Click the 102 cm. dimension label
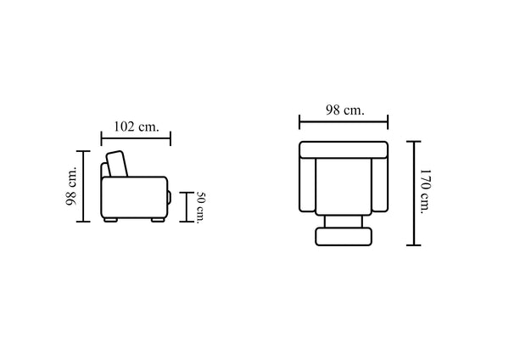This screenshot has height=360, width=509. coord(137,127)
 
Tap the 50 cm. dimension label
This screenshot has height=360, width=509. coord(200,208)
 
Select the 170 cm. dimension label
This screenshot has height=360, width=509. coord(425,191)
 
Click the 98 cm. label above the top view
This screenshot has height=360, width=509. coord(345,110)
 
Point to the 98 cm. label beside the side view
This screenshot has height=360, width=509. coord(71,186)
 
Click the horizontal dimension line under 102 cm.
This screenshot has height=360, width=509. coord(136,138)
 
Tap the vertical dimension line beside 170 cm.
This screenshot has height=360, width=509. coord(414,194)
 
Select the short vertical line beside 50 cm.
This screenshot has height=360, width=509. coord(187,207)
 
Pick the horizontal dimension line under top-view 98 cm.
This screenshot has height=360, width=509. coord(344,122)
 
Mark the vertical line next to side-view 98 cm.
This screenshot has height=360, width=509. coord(83,186)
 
